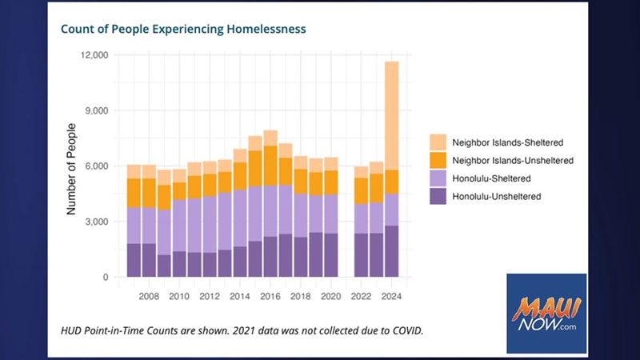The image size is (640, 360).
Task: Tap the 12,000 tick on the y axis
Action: pos(94,55)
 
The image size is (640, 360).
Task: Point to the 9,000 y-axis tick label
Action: pos(97,110)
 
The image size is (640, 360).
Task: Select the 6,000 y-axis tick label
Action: pos(97,166)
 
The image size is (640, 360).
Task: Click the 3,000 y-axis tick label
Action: pos(97,222)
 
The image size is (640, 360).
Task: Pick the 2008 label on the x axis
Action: pos(148,296)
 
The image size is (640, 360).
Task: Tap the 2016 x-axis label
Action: pos(270,296)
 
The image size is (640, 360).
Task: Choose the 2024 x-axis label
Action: pos(391,296)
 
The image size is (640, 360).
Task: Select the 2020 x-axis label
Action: pos(330,296)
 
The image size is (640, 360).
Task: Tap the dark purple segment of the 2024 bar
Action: pos(391,251)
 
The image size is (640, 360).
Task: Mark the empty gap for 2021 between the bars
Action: pos(346,240)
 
